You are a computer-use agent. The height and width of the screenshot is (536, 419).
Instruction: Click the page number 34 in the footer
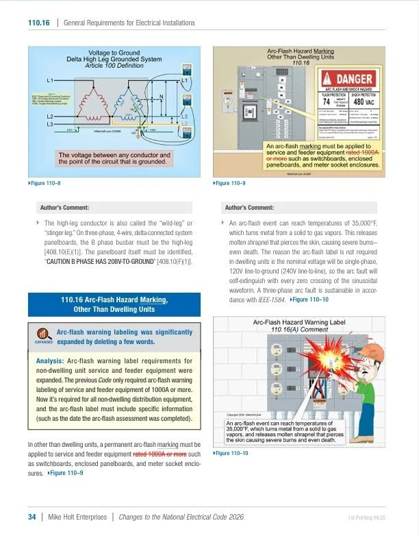(31, 517)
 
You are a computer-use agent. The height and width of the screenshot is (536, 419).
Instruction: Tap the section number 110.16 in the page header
(38, 23)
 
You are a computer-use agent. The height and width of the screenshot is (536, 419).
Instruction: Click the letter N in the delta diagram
(160, 97)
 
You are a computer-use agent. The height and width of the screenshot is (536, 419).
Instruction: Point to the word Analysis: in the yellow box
(50, 361)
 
